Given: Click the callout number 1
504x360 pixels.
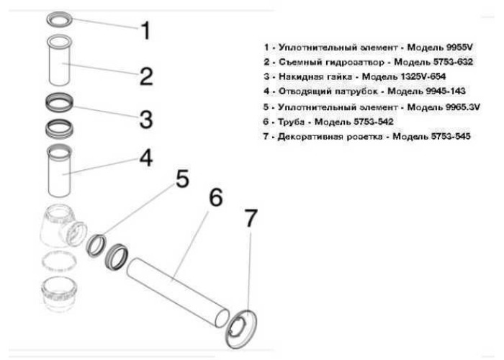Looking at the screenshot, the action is pyautogui.click(x=146, y=30).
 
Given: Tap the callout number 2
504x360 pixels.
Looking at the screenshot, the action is pyautogui.click(x=146, y=76).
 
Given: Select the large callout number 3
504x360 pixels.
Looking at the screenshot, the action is pyautogui.click(x=146, y=119).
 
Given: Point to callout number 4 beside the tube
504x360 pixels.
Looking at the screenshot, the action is pyautogui.click(x=146, y=158).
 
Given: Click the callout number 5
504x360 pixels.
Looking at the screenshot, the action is pyautogui.click(x=183, y=179).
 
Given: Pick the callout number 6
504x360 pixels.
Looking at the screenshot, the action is pyautogui.click(x=216, y=197).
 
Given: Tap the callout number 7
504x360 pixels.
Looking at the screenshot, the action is pyautogui.click(x=251, y=218).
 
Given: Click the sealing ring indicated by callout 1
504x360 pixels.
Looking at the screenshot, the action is pyautogui.click(x=60, y=19).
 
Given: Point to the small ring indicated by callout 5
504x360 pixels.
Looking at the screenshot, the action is pyautogui.click(x=96, y=246).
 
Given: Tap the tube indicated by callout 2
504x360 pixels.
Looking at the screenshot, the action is pyautogui.click(x=60, y=60).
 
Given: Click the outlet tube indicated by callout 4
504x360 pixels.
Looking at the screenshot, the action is pyautogui.click(x=60, y=171).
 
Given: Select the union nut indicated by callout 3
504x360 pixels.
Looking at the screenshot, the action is pyautogui.click(x=59, y=102).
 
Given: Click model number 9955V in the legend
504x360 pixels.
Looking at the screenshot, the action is pyautogui.click(x=459, y=48).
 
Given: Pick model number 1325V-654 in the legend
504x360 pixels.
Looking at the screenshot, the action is pyautogui.click(x=423, y=76).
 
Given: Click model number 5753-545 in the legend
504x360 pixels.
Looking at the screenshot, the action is pyautogui.click(x=451, y=136).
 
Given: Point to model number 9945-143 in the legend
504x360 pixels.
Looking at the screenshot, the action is pyautogui.click(x=446, y=91).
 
